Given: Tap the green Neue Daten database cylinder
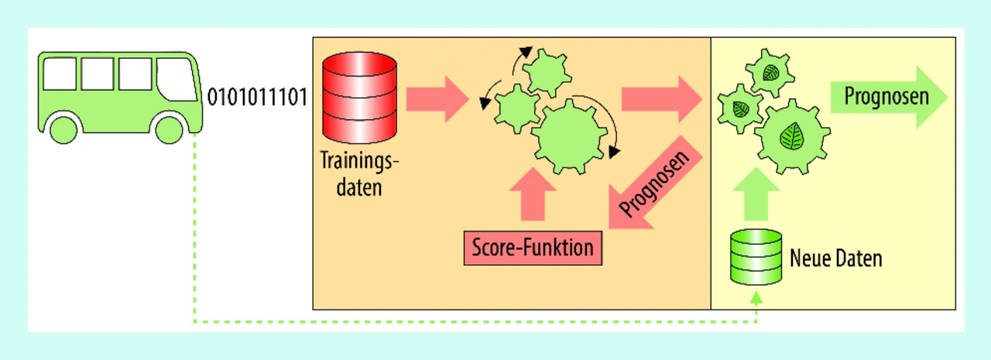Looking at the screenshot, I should tap(756, 256).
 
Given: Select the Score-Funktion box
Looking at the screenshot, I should tap(533, 249).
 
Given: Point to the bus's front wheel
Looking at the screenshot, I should tap(170, 129).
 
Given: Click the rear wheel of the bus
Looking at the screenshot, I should tap(63, 129).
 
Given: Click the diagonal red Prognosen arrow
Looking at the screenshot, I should tap(655, 183).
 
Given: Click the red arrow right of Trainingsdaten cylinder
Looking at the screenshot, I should tap(437, 98).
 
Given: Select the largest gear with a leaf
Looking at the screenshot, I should tap(791, 136).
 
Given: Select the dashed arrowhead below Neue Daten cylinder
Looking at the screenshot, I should tap(756, 297).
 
